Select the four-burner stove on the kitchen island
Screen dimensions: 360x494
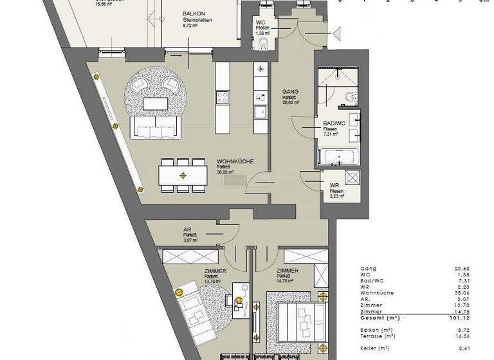click(223, 97)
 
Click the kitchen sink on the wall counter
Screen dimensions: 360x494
click(261, 113)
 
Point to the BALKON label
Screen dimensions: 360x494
click(194, 14)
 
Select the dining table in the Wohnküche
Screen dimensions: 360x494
click(183, 174)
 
